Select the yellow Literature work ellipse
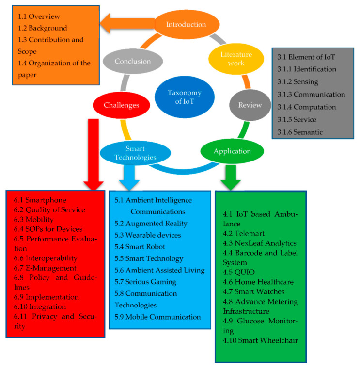coord(230,59)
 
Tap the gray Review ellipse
coord(250,105)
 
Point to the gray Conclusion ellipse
coord(133,62)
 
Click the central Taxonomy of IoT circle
coord(184,97)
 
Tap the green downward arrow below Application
coord(231,175)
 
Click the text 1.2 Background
coord(42,29)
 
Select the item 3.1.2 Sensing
coord(298,82)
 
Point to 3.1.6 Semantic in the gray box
coord(300,132)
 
